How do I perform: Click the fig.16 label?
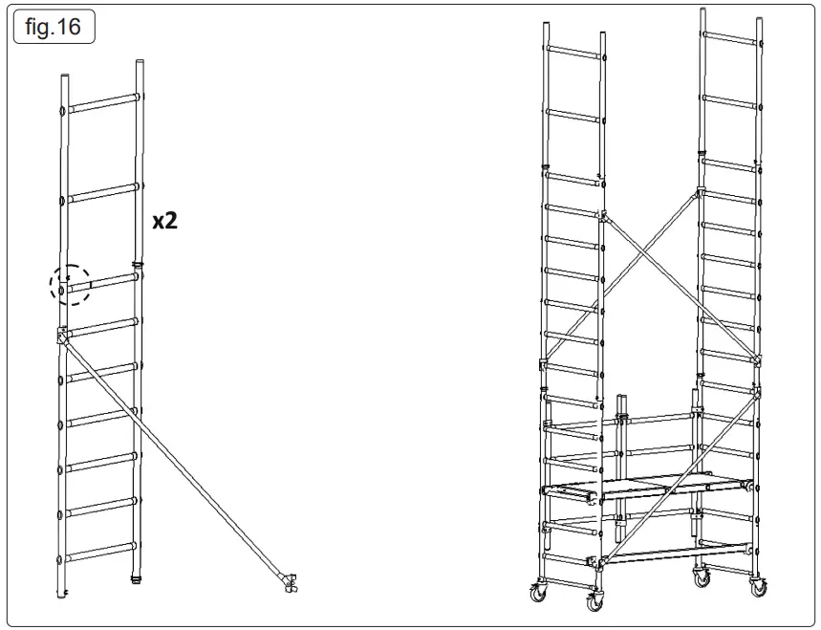click(x=54, y=27)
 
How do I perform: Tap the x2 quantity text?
click(x=165, y=221)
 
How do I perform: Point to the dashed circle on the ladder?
click(x=70, y=285)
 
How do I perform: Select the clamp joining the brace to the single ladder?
click(x=62, y=335)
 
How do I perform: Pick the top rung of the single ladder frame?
click(x=100, y=103)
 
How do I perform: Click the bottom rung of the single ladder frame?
click(x=100, y=553)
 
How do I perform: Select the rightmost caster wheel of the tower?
click(x=761, y=587)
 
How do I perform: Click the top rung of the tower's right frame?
click(x=732, y=39)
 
